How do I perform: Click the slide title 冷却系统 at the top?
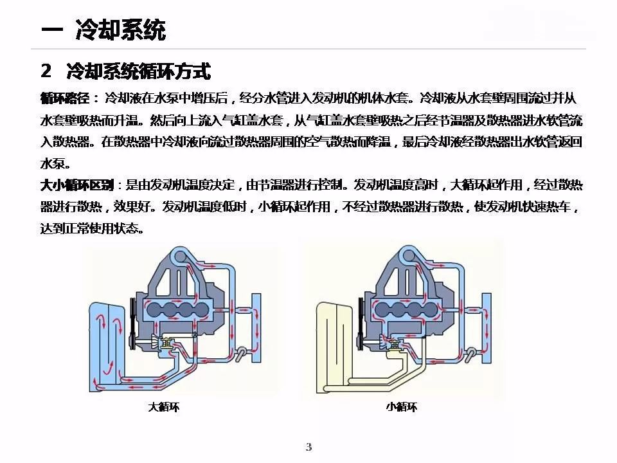pos(121,30)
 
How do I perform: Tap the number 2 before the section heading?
pos(46,71)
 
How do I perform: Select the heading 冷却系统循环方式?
pos(139,71)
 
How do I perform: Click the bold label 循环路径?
pos(64,98)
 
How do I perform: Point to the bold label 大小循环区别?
pos(77,185)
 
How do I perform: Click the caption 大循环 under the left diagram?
pos(164,406)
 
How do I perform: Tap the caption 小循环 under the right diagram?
pos(401,406)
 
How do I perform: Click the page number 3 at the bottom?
pos(309,447)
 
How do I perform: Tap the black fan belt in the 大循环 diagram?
pos(132,323)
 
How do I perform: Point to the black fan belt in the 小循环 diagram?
pos(361,323)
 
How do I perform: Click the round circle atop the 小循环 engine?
pos(409,257)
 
